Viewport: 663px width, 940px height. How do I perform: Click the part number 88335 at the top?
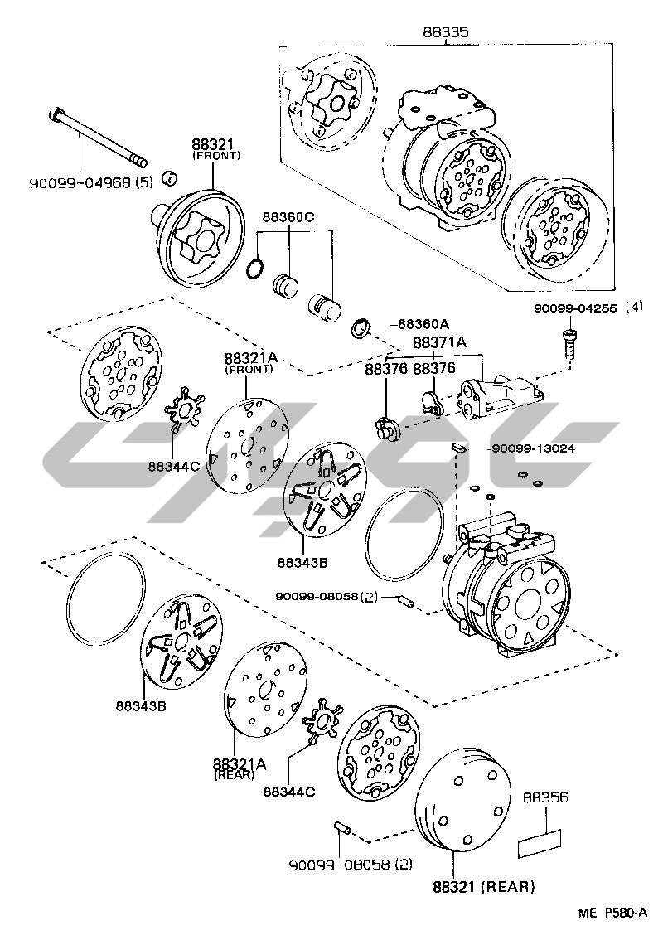coord(446,32)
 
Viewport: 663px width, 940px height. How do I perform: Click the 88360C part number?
coord(289,217)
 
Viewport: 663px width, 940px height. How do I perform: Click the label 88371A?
coord(440,342)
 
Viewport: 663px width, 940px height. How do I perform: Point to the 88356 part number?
coord(545,797)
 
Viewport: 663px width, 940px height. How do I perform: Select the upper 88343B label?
coord(303,563)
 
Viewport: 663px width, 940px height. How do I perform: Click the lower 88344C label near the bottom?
coord(289,791)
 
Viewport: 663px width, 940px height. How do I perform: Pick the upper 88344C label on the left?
coord(174,466)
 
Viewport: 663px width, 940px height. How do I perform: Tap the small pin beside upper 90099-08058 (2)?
coord(406,600)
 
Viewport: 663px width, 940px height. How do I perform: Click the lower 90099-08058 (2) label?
coord(351,865)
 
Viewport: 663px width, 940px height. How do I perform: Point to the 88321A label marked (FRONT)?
coord(249,359)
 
